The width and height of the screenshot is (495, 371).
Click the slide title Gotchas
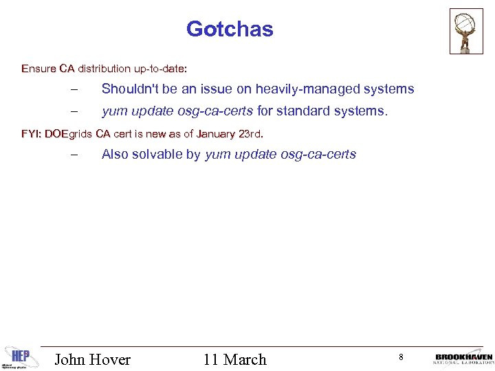point(230,30)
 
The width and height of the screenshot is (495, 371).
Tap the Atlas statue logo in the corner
point(466,31)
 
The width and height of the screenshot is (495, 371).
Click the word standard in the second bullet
point(305,111)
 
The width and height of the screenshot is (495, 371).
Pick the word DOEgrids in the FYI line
point(68,133)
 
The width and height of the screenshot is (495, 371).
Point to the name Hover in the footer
point(111,359)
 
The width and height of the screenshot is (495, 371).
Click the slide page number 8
point(400,357)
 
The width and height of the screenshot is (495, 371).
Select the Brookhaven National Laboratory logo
point(463,359)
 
